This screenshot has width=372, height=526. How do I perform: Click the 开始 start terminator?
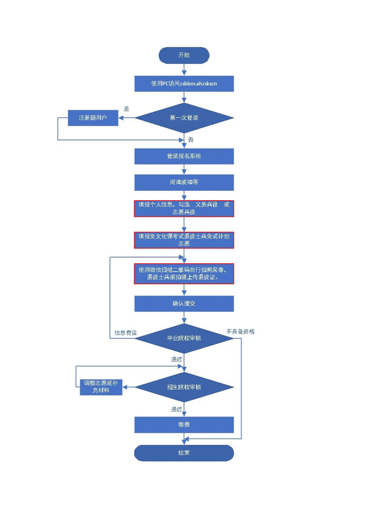184,55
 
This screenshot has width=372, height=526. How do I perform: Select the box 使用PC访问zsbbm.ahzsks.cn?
184,83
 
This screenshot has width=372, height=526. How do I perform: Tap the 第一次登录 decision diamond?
184,118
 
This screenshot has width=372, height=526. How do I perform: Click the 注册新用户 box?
92,118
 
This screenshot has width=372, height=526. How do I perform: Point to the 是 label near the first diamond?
126,109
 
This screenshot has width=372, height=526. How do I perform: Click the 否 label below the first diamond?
190,140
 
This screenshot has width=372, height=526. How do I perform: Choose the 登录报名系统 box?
184,157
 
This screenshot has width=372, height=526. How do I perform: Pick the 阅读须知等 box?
184,182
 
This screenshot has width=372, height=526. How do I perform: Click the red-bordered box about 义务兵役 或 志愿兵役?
184,208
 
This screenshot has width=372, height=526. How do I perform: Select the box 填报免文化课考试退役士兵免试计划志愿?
184,240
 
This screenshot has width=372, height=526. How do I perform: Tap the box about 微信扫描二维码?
184,274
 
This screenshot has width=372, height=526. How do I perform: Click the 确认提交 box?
184,303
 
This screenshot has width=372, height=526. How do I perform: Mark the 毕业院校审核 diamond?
184,338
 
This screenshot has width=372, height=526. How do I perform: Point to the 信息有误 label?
125,333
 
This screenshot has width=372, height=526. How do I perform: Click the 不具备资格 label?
240,331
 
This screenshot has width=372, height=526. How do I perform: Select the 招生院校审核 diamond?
184,387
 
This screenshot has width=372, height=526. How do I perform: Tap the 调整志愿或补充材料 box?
101,387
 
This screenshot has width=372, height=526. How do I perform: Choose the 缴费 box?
184,425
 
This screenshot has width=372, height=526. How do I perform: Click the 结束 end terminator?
184,453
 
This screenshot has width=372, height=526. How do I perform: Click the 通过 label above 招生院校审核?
176,360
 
